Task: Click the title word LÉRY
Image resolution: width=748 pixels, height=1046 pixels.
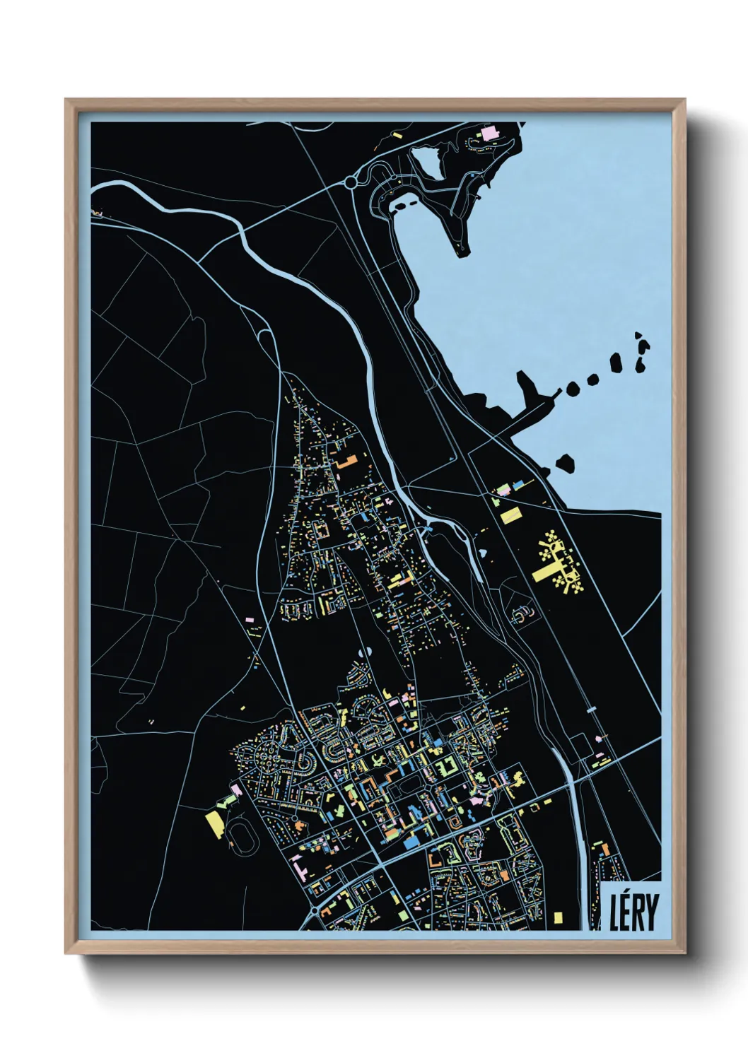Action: (x=634, y=912)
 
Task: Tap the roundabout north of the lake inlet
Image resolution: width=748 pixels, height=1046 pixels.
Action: (x=351, y=182)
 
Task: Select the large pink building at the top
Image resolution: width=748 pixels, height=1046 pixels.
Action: (x=490, y=132)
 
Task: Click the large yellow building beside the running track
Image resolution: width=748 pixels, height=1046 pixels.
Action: (x=214, y=825)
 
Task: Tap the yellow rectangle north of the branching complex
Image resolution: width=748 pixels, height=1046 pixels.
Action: (x=510, y=515)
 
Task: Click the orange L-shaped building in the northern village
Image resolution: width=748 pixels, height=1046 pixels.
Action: (x=346, y=462)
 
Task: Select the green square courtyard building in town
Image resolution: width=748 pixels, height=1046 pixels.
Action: (x=445, y=766)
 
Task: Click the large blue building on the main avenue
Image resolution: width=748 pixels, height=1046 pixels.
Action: (x=410, y=842)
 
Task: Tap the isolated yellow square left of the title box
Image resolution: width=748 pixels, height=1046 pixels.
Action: (x=559, y=917)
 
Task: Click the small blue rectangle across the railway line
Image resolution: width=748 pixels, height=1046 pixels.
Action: (x=592, y=707)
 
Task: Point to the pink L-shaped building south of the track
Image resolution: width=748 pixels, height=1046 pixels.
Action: (x=299, y=866)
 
